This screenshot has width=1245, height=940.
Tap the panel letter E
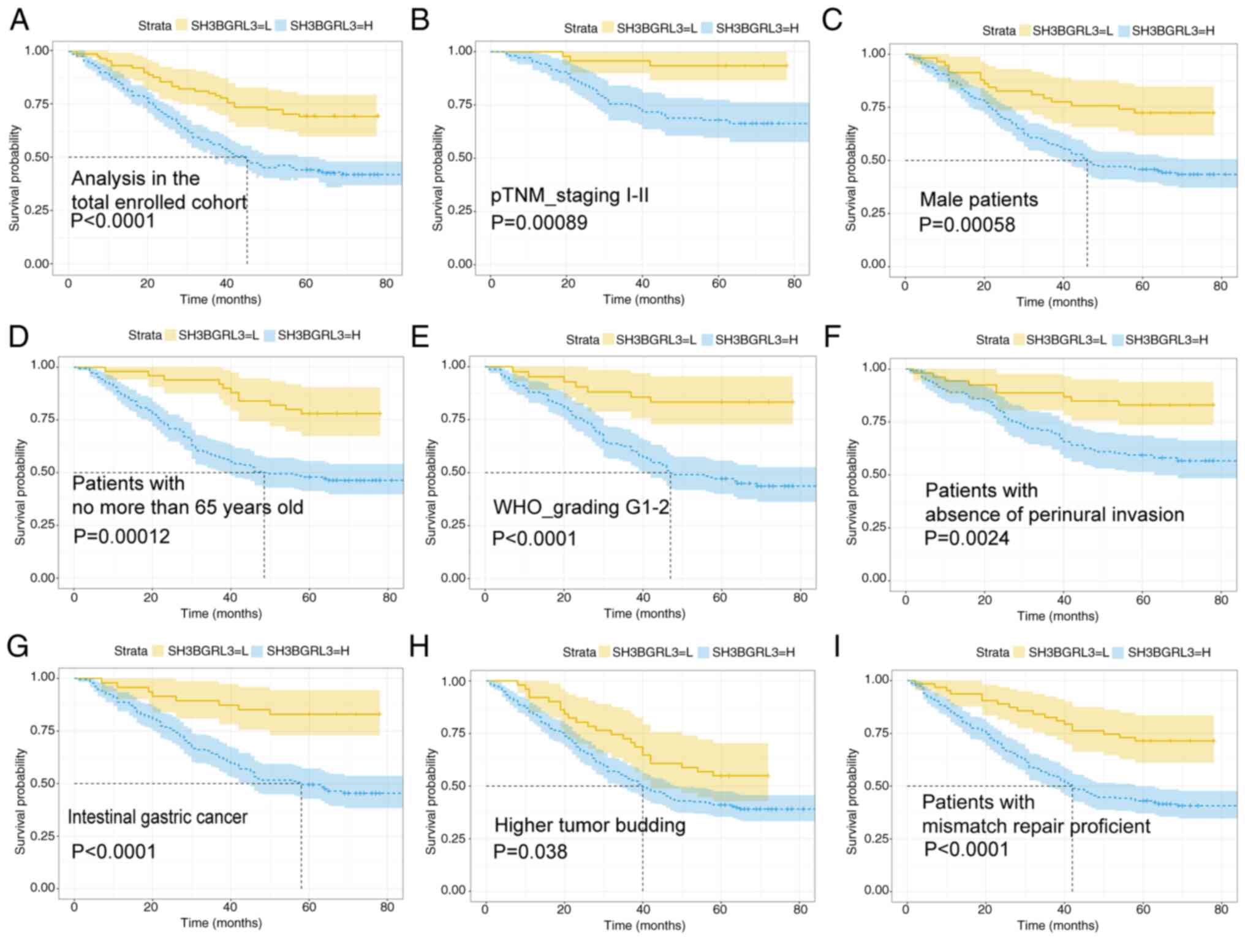click(x=420, y=336)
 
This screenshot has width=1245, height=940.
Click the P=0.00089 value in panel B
click(x=539, y=223)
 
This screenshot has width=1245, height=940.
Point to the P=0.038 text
click(x=530, y=852)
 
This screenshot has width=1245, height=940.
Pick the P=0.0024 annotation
click(x=966, y=538)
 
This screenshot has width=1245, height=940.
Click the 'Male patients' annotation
click(x=978, y=200)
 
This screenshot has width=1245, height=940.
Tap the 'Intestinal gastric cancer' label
click(x=157, y=817)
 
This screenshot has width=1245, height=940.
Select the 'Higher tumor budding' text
click(x=589, y=825)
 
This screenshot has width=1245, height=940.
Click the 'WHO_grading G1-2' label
click(x=581, y=508)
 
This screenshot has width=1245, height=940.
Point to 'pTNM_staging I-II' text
click(x=569, y=196)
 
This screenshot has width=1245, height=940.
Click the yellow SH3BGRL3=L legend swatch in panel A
click(x=182, y=26)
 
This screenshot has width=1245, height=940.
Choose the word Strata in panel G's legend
click(x=131, y=651)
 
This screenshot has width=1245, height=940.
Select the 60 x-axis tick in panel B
click(x=719, y=284)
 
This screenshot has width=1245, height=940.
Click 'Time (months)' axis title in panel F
click(x=1058, y=616)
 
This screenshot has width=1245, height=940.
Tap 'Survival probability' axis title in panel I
click(x=852, y=801)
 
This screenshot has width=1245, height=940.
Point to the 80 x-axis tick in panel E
click(x=800, y=598)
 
